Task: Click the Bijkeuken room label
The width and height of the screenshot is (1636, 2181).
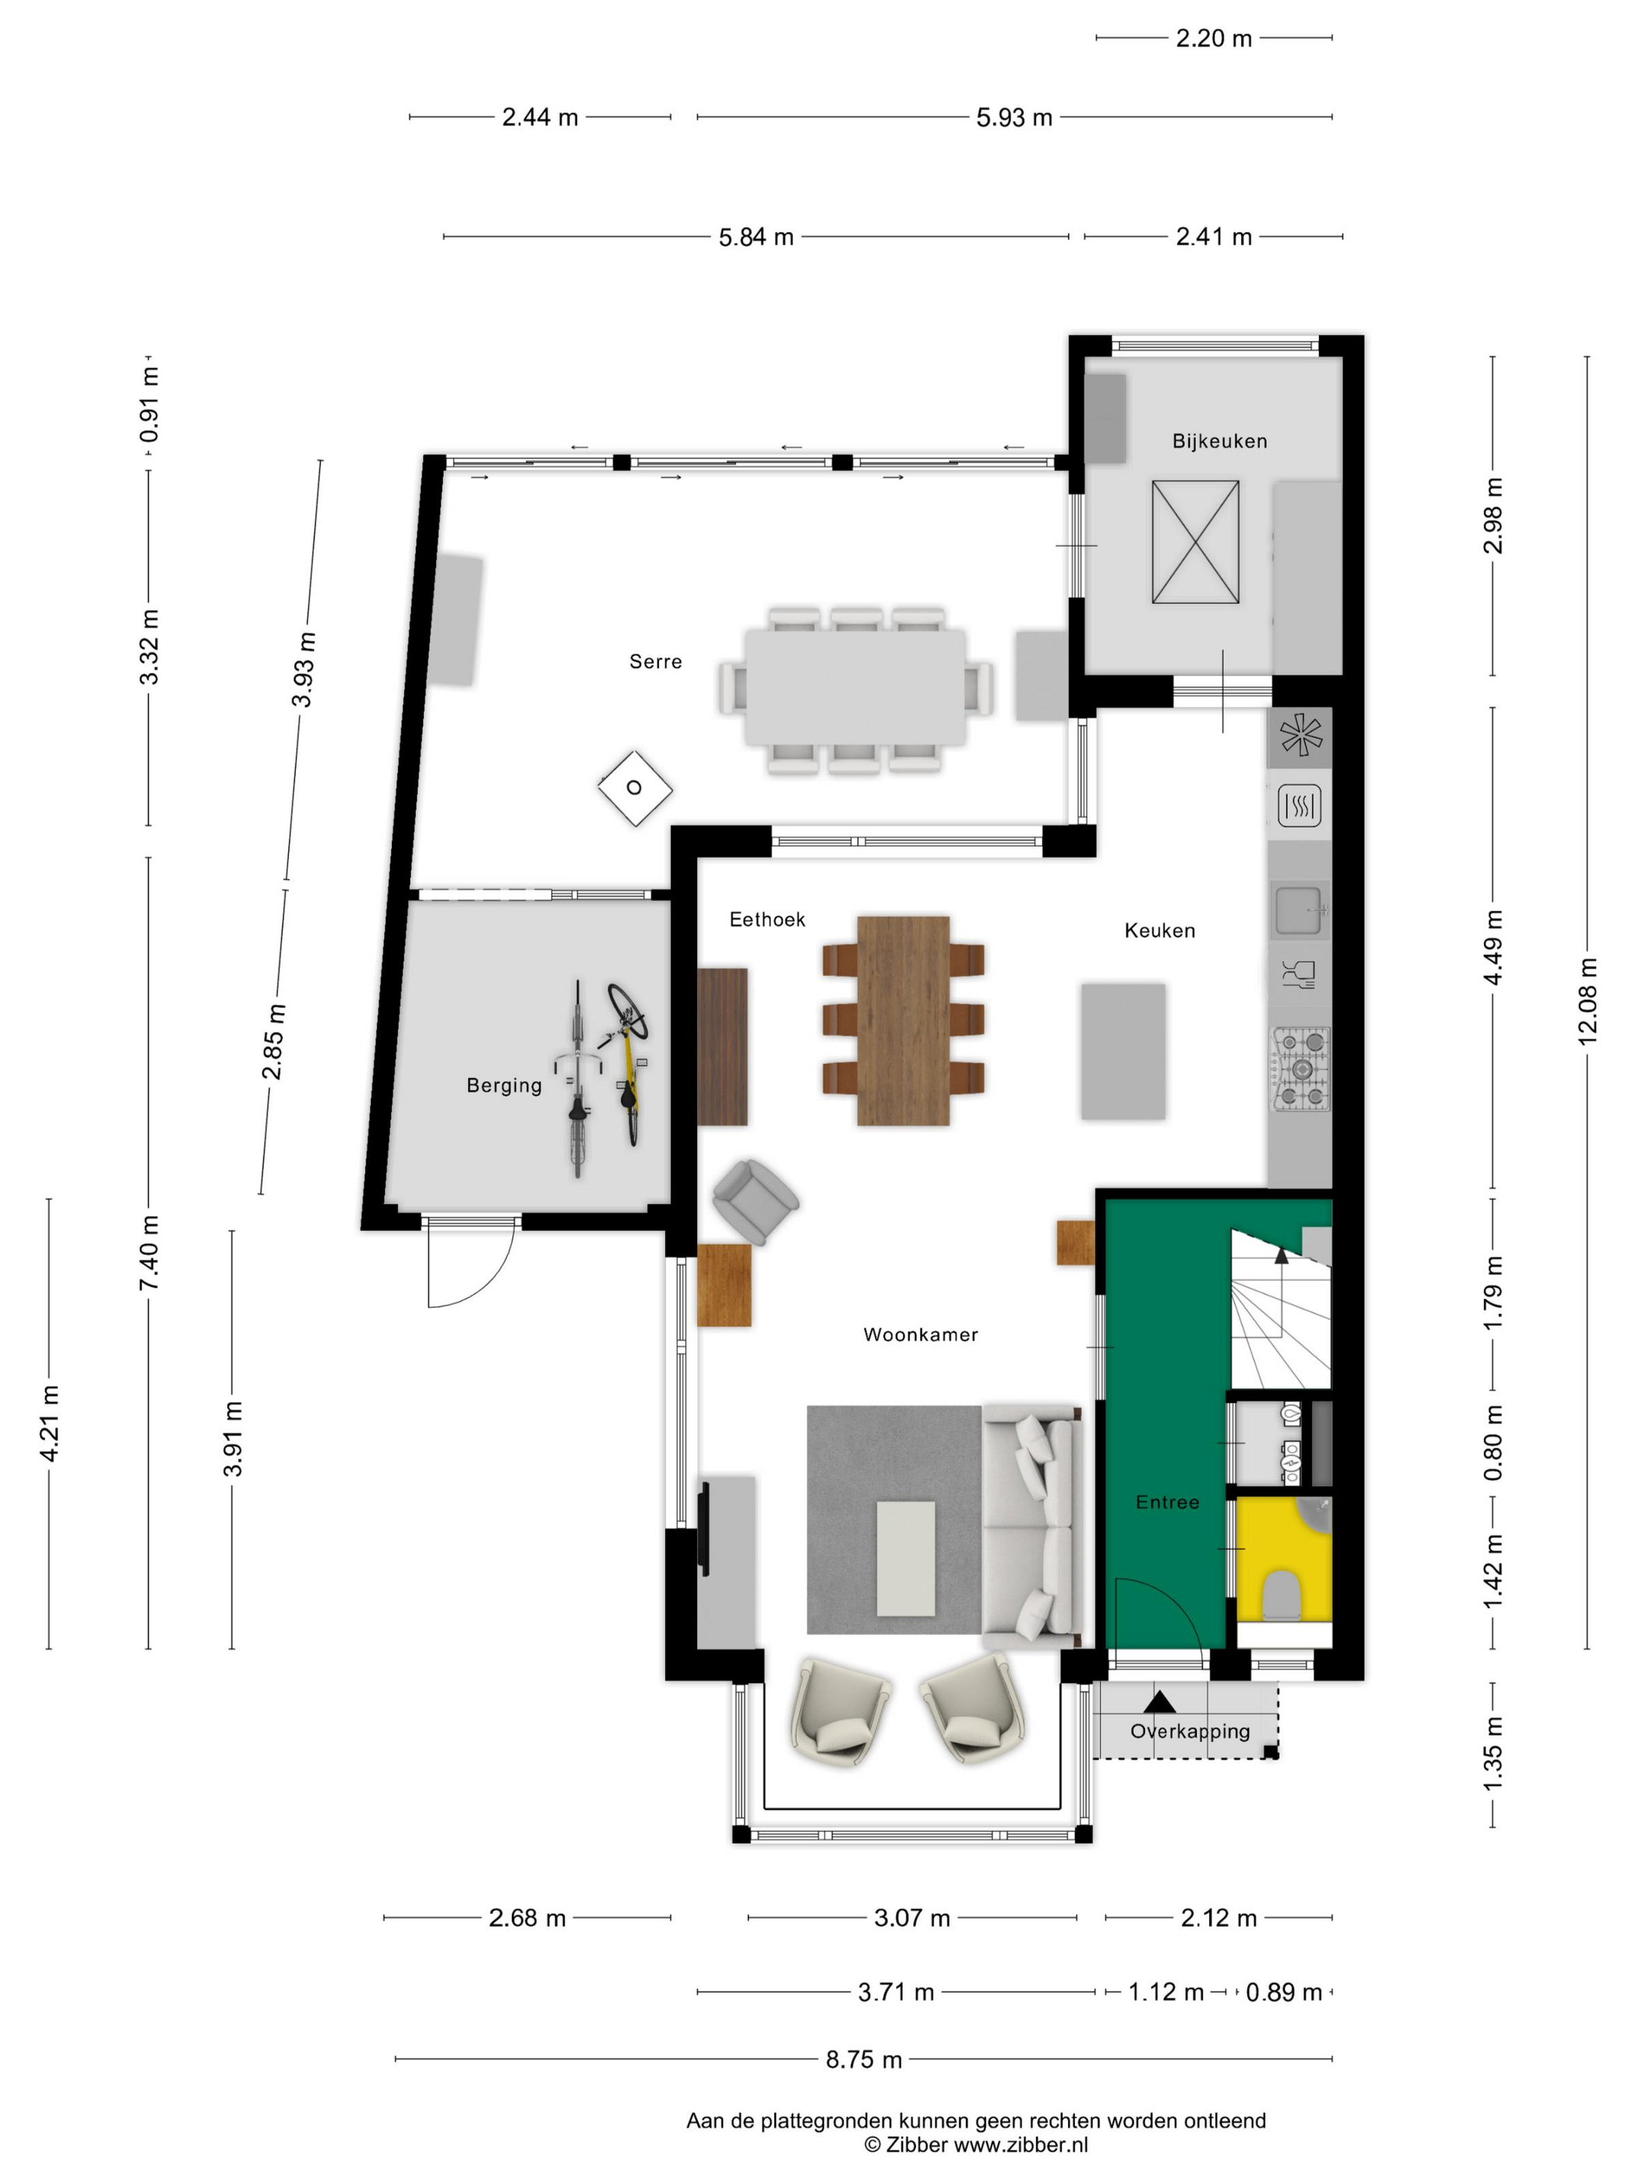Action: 1219,441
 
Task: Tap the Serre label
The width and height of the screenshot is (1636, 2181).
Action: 656,661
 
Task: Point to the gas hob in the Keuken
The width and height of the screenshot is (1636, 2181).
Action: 1301,1069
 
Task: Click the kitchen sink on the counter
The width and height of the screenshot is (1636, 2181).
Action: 1299,909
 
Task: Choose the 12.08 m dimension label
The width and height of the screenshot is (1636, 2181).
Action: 1587,1002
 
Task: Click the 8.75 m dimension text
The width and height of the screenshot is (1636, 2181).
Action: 864,2059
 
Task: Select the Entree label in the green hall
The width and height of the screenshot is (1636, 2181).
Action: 1168,1503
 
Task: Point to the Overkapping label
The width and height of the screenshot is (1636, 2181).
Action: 1190,1732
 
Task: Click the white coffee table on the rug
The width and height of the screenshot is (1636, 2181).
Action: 905,1559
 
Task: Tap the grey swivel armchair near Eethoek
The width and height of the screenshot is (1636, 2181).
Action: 754,1200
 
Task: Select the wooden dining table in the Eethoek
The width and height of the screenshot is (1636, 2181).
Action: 902,1020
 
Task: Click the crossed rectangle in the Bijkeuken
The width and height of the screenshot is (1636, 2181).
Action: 1195,542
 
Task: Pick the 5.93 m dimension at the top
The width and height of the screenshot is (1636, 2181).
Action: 1014,118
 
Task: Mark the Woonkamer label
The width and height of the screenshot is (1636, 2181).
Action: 920,1335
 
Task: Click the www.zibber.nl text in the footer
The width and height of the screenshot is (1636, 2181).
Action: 1021,2144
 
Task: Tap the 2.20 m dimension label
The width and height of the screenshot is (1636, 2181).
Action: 1213,38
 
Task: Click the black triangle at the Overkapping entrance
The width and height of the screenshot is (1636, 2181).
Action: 1160,1702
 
